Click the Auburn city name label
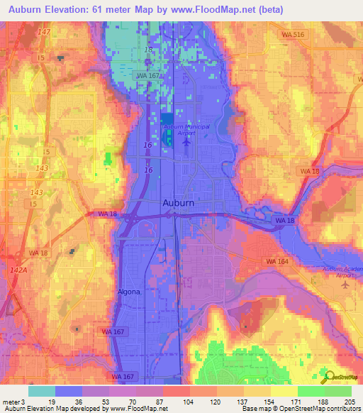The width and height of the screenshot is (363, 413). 178,202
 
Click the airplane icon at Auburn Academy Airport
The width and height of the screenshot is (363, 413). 345,285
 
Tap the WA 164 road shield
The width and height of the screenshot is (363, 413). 276,262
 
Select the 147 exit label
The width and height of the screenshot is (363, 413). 45,32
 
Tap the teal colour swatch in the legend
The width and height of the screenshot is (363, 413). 41,391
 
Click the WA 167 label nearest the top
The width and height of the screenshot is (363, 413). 148,75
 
